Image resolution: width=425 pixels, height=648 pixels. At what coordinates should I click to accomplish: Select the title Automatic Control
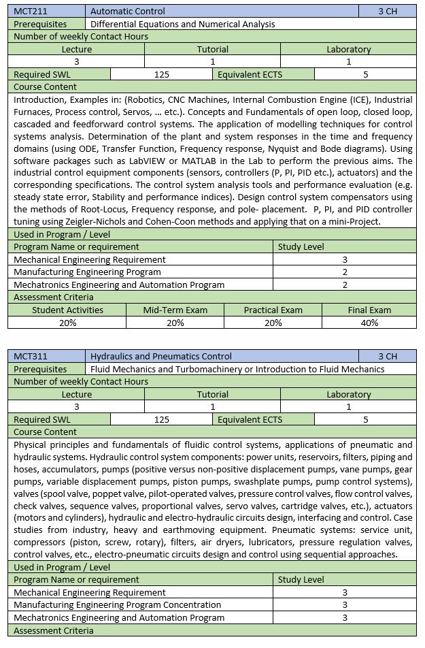click(x=127, y=11)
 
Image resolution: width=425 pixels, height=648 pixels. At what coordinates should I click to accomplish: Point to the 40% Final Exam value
click(x=370, y=323)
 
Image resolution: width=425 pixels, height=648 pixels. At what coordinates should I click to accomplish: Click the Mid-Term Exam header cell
click(x=175, y=310)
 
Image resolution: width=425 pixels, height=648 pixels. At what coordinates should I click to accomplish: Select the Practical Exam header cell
click(x=273, y=310)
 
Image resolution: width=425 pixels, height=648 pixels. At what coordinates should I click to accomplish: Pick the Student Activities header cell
click(x=68, y=310)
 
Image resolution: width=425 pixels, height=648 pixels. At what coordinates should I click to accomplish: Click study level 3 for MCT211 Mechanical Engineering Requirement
click(x=345, y=259)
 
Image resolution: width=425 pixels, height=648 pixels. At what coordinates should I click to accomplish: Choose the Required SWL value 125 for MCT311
click(x=162, y=419)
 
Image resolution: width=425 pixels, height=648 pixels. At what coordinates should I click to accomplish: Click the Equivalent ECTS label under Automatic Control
click(x=250, y=74)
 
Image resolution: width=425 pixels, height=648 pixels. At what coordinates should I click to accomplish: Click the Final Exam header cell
click(x=370, y=310)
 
